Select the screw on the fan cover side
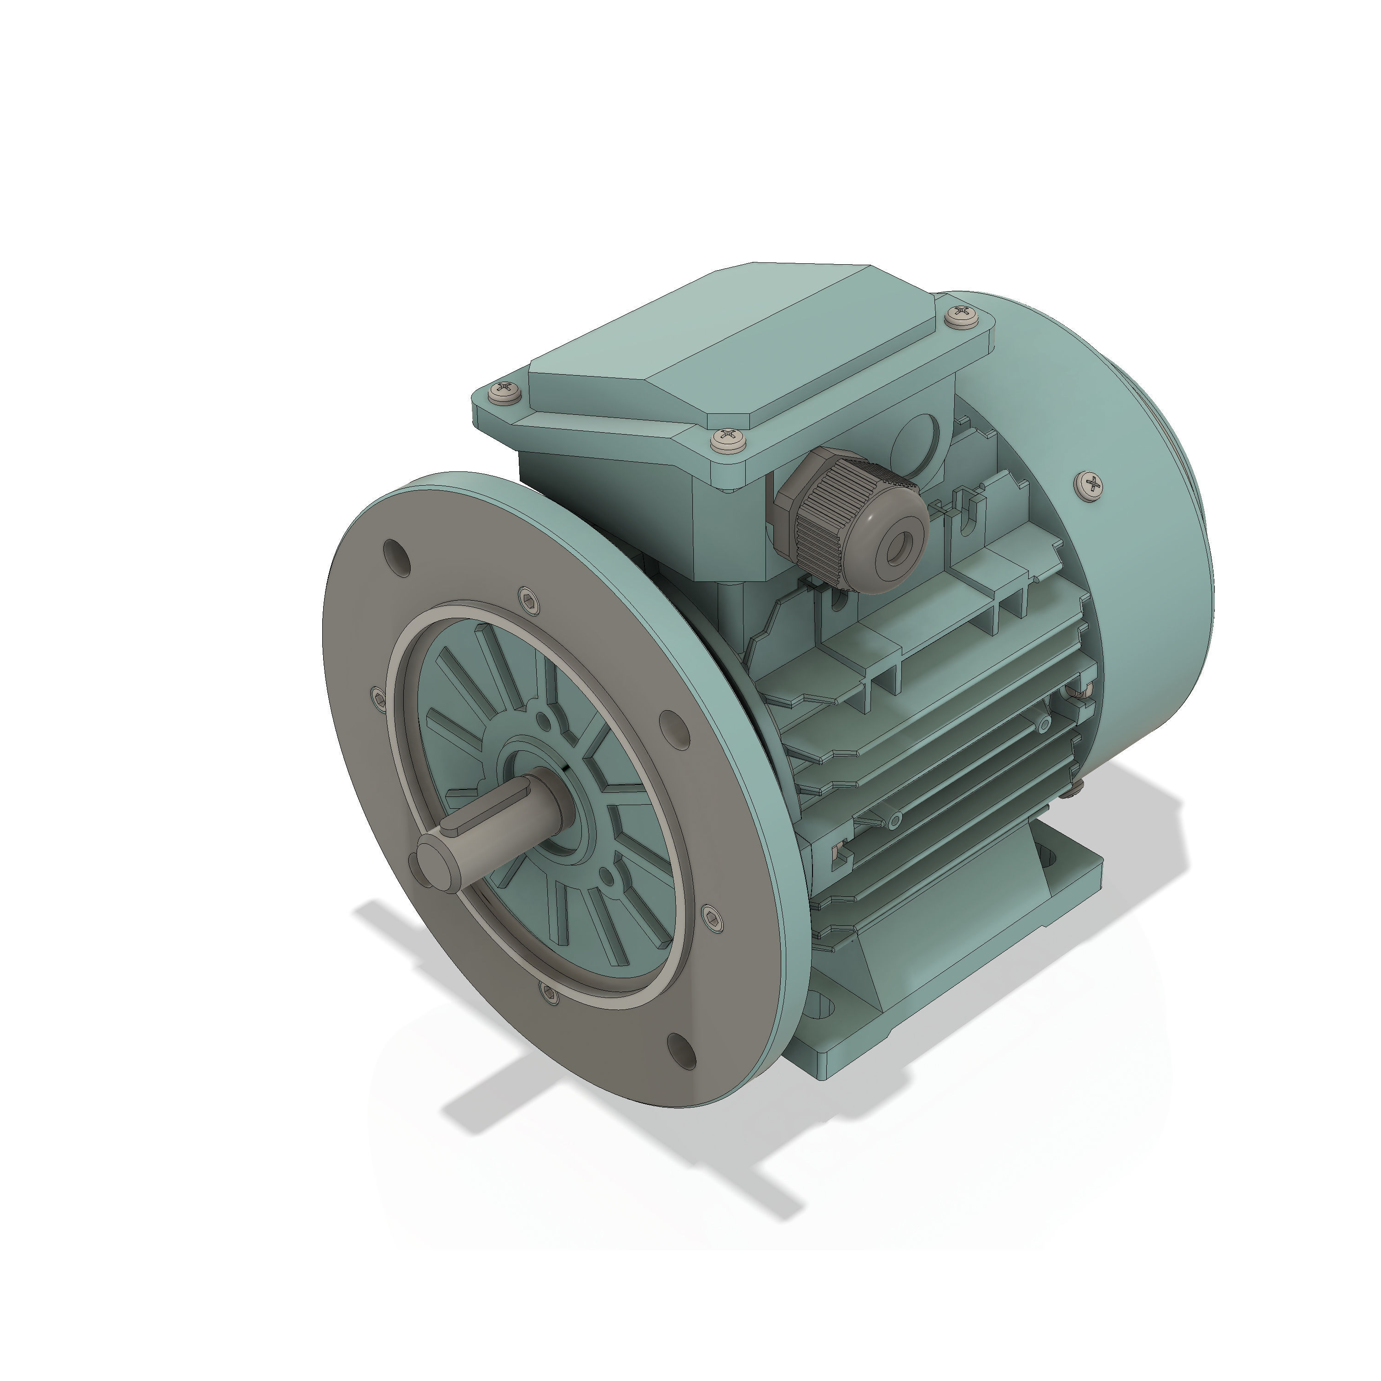point(1089,485)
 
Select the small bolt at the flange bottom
point(549,992)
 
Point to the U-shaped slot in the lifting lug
point(969,513)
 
